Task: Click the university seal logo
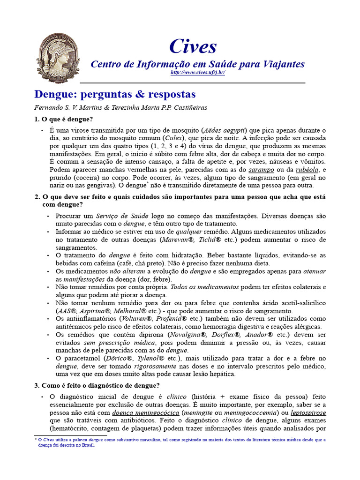[x=55, y=58]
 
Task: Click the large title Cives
[x=193, y=46]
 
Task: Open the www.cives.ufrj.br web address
[x=198, y=73]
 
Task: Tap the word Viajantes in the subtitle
[x=281, y=64]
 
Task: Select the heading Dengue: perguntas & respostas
[x=115, y=94]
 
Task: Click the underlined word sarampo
[x=262, y=170]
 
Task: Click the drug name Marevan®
[x=176, y=240]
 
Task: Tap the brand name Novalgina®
[x=191, y=335]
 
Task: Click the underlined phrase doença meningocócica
[x=146, y=413]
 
